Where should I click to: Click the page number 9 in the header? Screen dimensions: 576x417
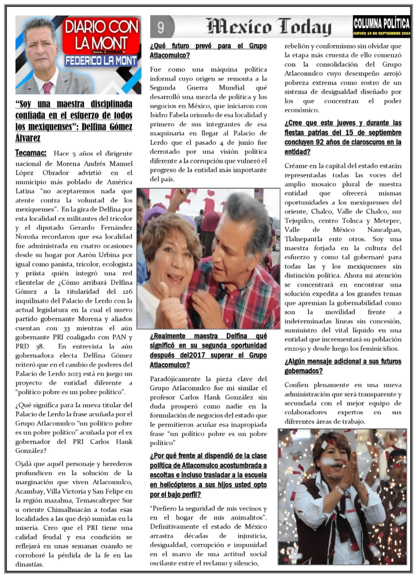[x=161, y=26]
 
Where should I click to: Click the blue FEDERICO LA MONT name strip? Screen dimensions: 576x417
[x=101, y=60]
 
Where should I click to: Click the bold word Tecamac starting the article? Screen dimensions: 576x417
[x=31, y=153]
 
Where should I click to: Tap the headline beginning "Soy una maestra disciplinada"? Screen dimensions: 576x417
[x=74, y=121]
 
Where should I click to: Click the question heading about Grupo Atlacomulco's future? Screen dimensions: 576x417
[x=208, y=51]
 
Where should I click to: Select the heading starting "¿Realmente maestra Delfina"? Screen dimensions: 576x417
[x=208, y=350]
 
